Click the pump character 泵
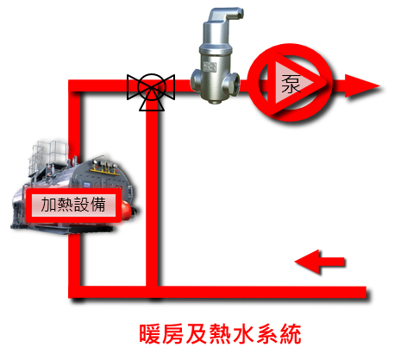click(x=291, y=84)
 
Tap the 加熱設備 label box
click(x=73, y=205)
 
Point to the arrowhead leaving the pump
click(x=362, y=85)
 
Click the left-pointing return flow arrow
click(x=320, y=262)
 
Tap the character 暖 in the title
click(x=149, y=334)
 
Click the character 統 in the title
click(x=291, y=334)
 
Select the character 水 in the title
click(x=244, y=334)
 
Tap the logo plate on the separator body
click(x=210, y=66)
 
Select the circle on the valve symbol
click(x=152, y=87)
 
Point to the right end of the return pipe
click(x=366, y=292)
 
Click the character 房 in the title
click(x=173, y=334)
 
